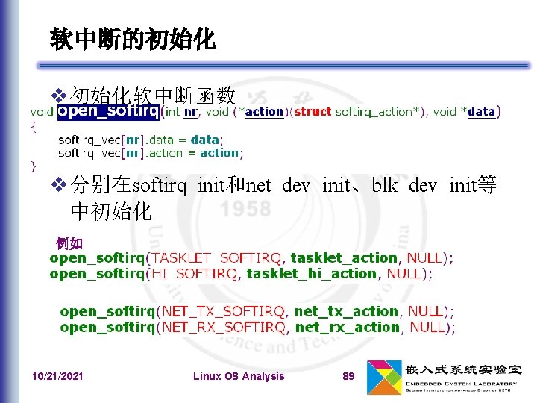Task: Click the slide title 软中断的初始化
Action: (x=134, y=40)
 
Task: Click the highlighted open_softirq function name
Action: (x=108, y=112)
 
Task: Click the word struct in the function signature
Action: (x=313, y=112)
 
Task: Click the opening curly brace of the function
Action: (x=32, y=126)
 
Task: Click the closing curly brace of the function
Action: (x=32, y=165)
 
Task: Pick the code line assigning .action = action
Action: (x=149, y=153)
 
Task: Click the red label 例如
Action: (x=69, y=243)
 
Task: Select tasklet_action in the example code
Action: (x=343, y=258)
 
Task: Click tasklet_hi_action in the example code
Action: (x=311, y=274)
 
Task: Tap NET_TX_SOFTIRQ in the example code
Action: (x=224, y=311)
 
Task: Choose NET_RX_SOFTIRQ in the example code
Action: (x=224, y=327)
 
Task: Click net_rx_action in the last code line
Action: (x=347, y=327)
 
